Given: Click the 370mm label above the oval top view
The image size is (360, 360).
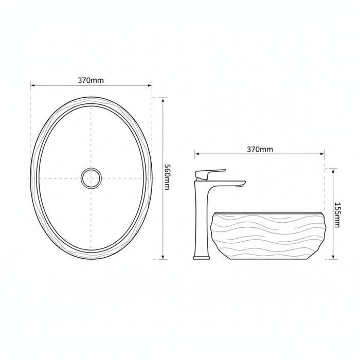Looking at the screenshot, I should tap(91, 80).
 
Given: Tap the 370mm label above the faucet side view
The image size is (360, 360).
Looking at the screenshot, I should tap(260, 150).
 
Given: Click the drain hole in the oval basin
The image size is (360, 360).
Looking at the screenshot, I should tap(91, 178).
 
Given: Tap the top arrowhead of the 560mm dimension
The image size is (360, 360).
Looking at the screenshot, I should tap(163, 100).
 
